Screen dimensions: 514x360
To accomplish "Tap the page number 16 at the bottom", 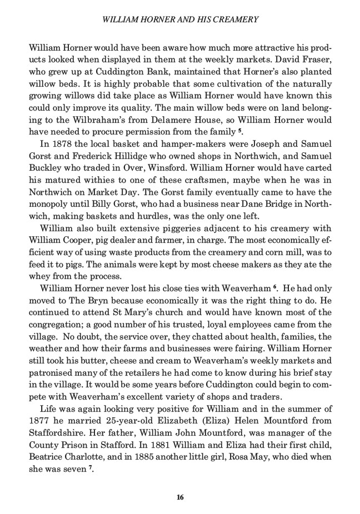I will tap(179, 497).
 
